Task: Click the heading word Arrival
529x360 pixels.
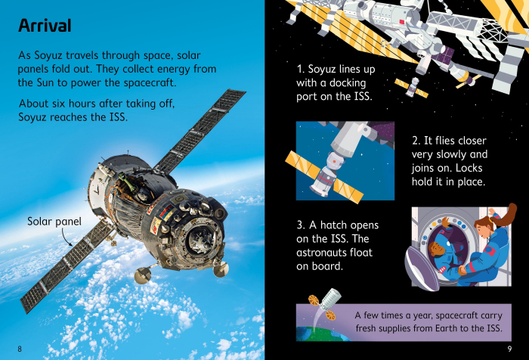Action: coord(45,26)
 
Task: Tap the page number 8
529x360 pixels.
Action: coord(20,349)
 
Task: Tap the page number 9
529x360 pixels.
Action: coord(509,349)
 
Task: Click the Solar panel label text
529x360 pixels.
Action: coord(54,222)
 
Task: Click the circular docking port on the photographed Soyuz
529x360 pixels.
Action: coord(203,239)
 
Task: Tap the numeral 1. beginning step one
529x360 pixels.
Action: coord(301,69)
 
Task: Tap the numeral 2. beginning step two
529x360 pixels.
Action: coord(416,141)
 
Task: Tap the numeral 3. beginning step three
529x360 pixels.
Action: coord(301,225)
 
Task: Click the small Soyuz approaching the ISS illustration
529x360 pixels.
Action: coord(411,87)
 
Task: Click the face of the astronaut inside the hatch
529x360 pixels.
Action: coord(435,250)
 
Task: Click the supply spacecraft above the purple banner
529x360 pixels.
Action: coord(324,303)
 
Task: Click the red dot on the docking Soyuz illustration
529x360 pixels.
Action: coord(334,161)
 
